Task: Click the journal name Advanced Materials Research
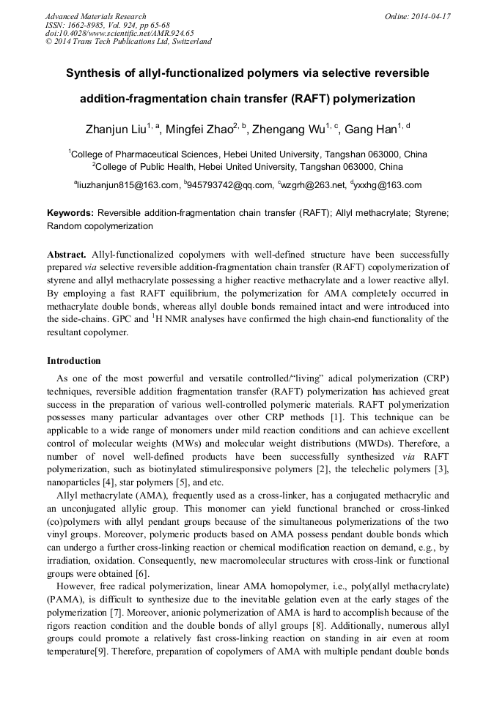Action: pyautogui.click(x=95, y=16)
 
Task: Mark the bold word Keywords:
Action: pyautogui.click(x=70, y=213)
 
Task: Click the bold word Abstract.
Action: pyautogui.click(x=67, y=255)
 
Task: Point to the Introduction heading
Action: pyautogui.click(x=74, y=361)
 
